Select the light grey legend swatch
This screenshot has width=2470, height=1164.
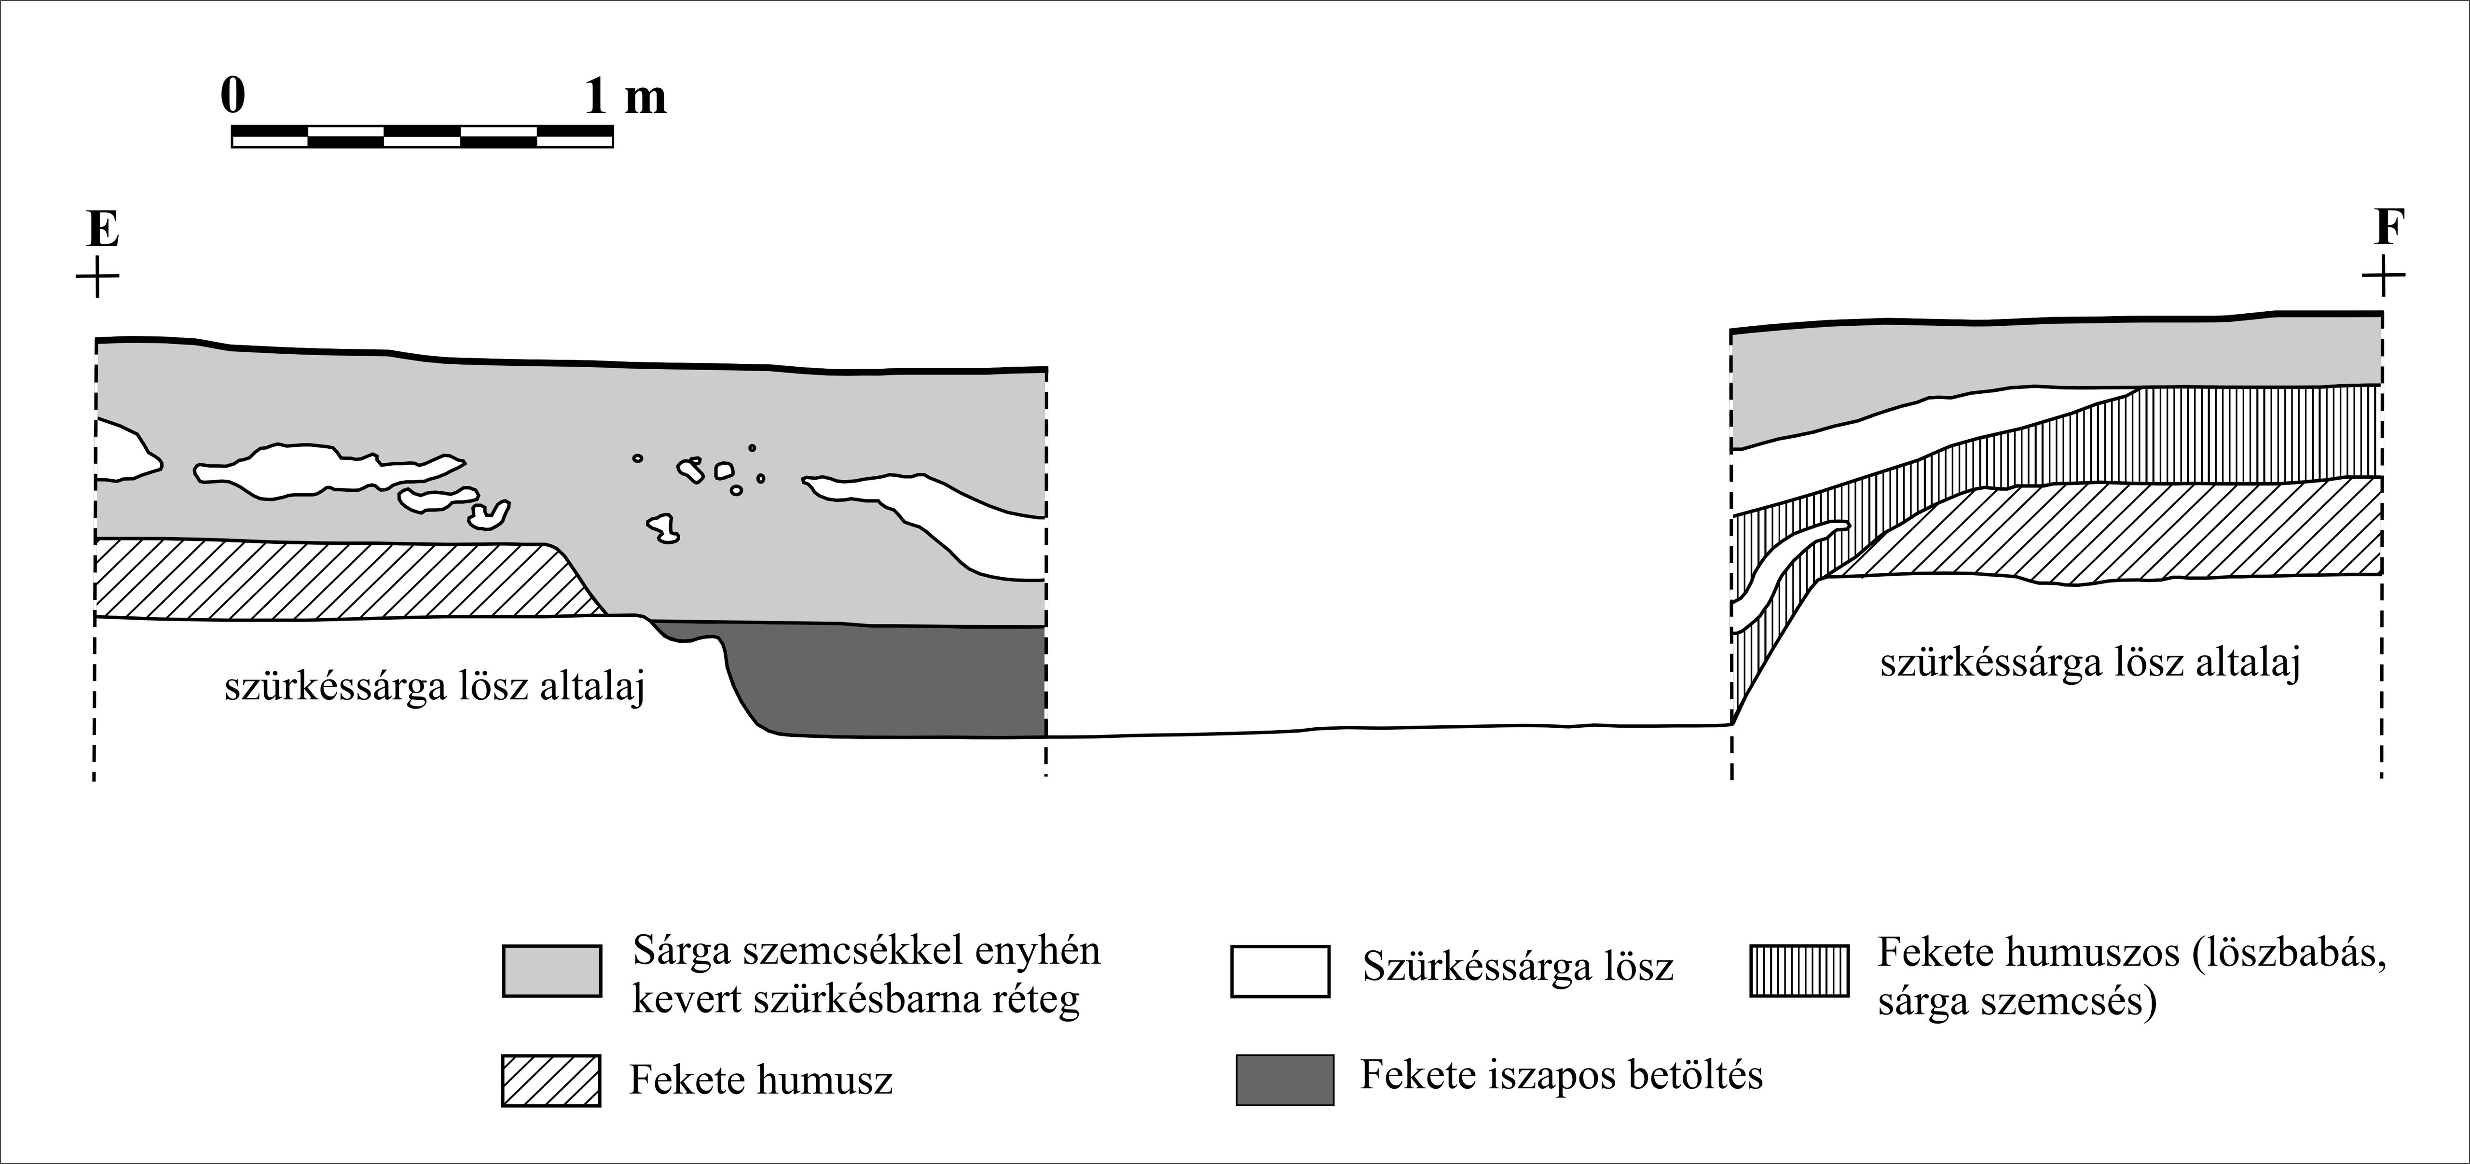click(x=552, y=971)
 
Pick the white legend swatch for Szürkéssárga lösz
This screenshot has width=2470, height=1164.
click(x=1280, y=971)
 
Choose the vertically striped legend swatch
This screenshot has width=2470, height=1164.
click(x=1799, y=971)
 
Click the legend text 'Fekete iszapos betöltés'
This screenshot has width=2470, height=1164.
click(x=1561, y=1076)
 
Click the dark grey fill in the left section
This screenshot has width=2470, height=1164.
click(x=892, y=681)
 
